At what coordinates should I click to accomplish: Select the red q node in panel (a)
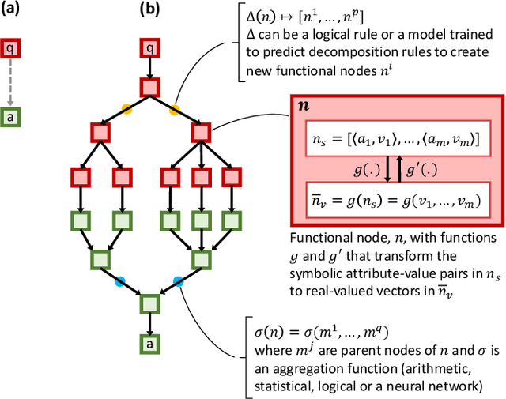[x=9, y=47]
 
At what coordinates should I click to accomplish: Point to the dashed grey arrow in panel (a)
[x=9, y=83]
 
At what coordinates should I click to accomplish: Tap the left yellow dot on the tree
[x=126, y=107]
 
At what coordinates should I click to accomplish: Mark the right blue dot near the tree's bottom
[x=179, y=280]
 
